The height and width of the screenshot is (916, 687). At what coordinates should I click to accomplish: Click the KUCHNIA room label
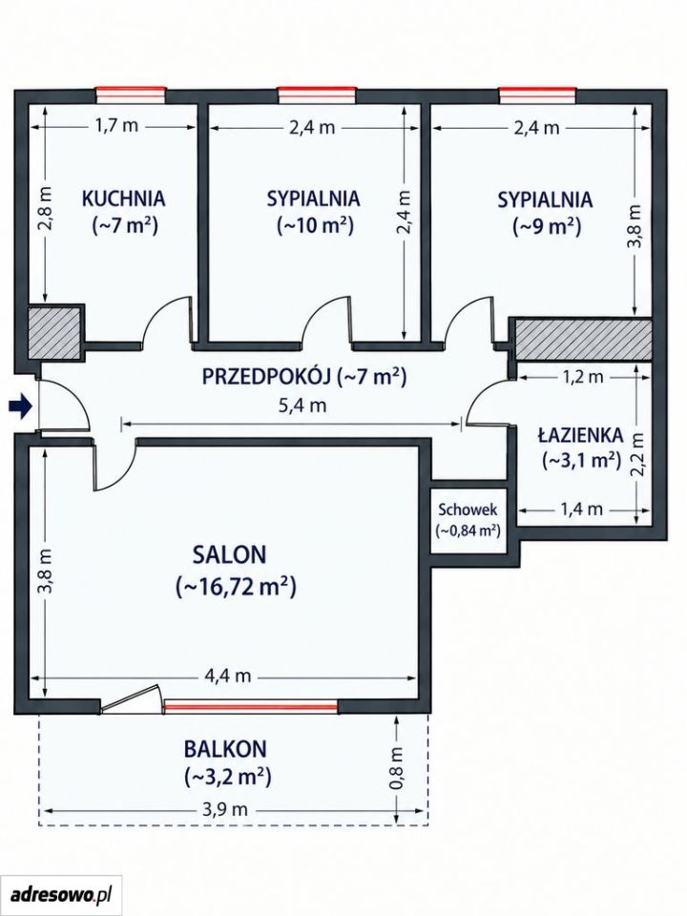click(124, 198)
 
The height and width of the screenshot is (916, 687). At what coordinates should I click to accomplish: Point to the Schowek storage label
click(468, 510)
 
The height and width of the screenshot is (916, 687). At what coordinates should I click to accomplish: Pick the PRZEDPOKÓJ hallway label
click(267, 377)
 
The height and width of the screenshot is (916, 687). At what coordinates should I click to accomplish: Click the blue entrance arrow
click(20, 406)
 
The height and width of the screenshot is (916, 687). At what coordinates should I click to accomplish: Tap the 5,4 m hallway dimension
click(303, 405)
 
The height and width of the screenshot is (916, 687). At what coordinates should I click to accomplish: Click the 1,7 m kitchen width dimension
click(114, 125)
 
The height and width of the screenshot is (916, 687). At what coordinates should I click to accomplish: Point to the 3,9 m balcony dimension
click(224, 810)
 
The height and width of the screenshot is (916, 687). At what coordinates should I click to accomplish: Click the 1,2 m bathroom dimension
click(582, 378)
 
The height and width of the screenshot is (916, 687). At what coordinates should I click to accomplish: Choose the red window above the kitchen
click(131, 94)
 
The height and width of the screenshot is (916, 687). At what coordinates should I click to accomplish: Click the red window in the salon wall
click(251, 706)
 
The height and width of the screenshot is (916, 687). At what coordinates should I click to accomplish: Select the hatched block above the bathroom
click(582, 340)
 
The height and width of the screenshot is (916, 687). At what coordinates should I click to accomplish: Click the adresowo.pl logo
click(61, 894)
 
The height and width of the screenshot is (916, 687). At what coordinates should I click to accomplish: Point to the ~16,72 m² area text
click(236, 587)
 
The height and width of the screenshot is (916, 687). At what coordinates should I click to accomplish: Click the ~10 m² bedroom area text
click(315, 225)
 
